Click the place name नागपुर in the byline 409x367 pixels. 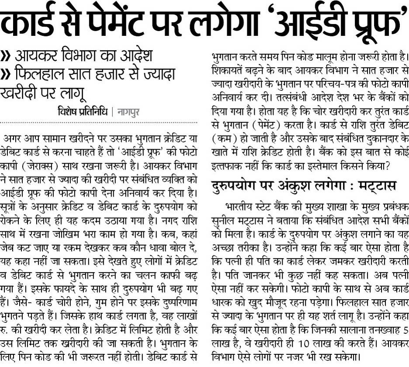(x=128, y=112)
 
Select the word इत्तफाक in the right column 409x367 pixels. (x=227, y=166)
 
